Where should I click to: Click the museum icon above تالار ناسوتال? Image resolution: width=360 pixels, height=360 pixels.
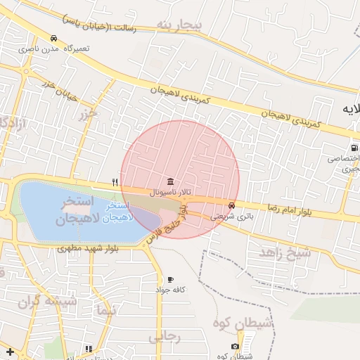(171, 181)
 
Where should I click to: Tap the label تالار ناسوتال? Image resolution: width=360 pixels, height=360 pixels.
(171, 191)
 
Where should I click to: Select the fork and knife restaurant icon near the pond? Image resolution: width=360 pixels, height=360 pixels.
(115, 182)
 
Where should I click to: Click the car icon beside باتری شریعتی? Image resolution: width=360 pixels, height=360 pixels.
(232, 206)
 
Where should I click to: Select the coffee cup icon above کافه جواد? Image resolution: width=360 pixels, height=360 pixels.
(170, 280)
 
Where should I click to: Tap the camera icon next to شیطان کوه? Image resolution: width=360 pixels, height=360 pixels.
(235, 346)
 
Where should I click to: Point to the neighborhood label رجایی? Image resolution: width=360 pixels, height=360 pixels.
(165, 337)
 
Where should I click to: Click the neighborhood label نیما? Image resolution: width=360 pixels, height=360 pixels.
(106, 310)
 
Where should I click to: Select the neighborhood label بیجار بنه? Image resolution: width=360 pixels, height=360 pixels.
(179, 26)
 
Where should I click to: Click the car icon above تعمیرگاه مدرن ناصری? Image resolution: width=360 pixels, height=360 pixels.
(54, 38)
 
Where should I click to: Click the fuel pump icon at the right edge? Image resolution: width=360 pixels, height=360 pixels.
(354, 148)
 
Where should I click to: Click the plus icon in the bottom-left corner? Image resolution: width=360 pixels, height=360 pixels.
(9, 351)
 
